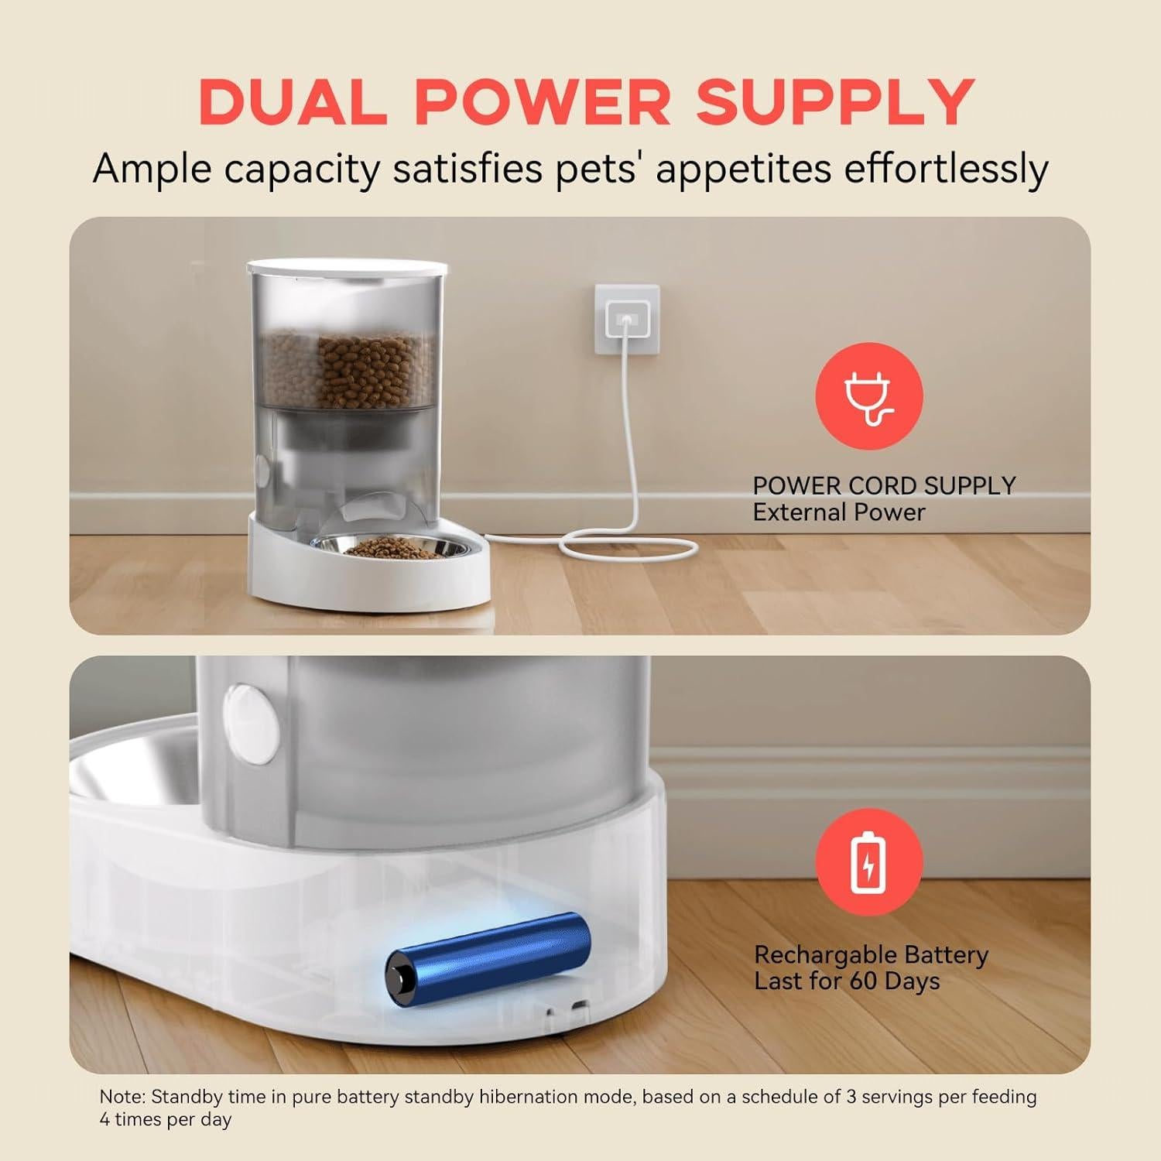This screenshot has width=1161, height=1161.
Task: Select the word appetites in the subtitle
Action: [x=748, y=169]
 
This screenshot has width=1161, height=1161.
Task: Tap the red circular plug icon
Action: [x=869, y=397]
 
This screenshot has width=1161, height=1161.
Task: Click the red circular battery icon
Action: [x=869, y=861]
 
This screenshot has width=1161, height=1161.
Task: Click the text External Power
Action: [x=839, y=512]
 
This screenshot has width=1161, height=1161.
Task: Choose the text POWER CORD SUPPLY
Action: [x=884, y=485]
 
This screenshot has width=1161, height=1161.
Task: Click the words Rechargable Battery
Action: [x=872, y=955]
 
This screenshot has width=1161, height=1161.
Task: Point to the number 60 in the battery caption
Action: [x=864, y=981]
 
